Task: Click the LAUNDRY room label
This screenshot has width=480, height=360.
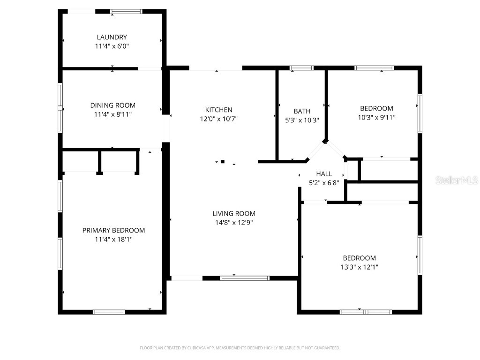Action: coord(112,37)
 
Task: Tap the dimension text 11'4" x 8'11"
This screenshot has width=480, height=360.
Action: coord(112,114)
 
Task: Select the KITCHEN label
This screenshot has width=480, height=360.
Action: coord(218,110)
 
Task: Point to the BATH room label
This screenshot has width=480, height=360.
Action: coord(302,111)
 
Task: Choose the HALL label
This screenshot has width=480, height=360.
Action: coord(324,174)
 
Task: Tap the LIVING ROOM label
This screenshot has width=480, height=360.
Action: coord(233,214)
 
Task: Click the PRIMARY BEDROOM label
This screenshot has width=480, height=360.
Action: coord(113,230)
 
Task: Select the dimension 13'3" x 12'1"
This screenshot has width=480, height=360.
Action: coord(360,267)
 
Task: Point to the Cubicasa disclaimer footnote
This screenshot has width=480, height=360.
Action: coord(240,348)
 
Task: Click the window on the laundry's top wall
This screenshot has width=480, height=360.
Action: coord(127,12)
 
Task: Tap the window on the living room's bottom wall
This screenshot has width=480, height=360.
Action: coord(245,278)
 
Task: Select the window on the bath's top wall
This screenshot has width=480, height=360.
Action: coord(301,68)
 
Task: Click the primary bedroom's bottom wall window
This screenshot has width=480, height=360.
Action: coord(109,312)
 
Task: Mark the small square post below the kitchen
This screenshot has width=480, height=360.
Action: coord(223,162)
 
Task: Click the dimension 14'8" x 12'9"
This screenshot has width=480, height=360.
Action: coord(233,223)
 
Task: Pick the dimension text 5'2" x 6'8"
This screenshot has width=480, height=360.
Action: coord(324,183)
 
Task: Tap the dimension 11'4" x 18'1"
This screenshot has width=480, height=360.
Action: coord(113,240)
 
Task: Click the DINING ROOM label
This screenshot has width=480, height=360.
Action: coord(112,105)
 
